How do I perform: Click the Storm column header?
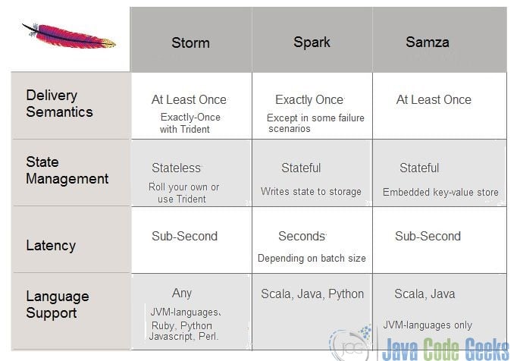point(191,42)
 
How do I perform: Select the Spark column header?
point(312,42)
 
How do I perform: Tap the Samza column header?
point(428,42)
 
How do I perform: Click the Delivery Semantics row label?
point(59,103)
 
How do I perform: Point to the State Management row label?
point(67,170)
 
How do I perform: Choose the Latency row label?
point(51,246)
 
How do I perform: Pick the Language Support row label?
point(58,305)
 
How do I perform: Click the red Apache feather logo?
point(69,36)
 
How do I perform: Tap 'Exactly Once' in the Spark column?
point(309,99)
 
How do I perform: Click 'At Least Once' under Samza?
point(434,99)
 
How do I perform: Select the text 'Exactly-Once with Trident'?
point(190,123)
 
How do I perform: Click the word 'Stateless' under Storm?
point(177,168)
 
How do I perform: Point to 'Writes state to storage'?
point(311,191)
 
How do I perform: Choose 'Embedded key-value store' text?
point(440,192)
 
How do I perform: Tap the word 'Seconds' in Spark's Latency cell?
point(302,237)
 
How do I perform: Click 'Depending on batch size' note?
point(312,258)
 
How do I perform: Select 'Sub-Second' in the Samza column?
point(428,237)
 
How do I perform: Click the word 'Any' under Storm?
point(182,294)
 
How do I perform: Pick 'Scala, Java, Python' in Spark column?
point(312,294)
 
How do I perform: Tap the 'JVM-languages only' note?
point(428,325)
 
